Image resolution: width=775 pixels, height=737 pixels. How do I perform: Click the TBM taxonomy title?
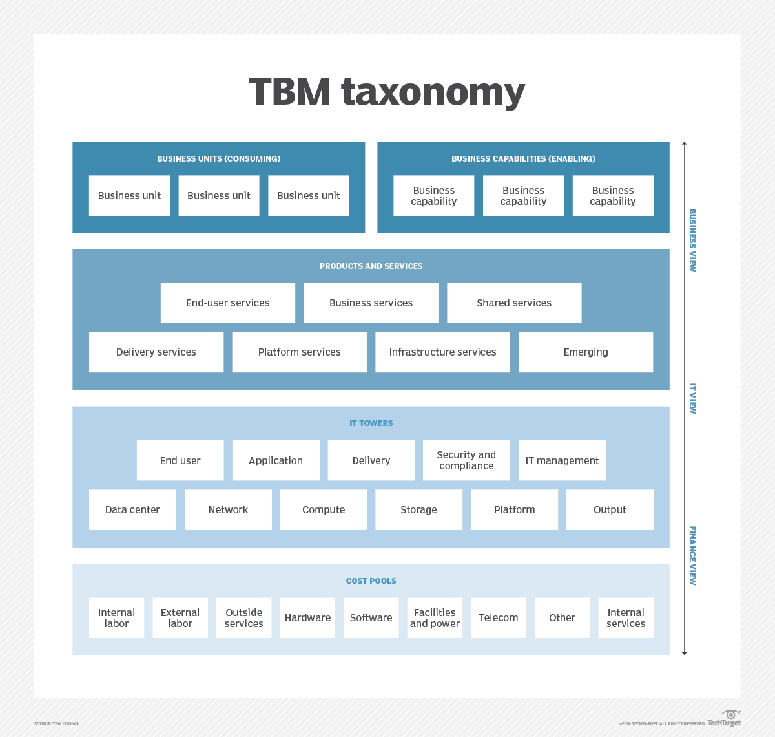387,91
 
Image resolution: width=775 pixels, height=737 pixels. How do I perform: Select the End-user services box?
228,303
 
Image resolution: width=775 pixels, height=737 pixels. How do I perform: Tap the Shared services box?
514,303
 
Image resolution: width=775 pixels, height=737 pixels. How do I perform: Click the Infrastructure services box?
442,352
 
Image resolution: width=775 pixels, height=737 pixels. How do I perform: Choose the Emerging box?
586,352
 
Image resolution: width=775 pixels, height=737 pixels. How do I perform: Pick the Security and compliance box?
466,460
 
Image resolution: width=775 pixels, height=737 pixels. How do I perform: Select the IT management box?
562,460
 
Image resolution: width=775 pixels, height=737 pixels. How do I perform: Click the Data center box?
132,509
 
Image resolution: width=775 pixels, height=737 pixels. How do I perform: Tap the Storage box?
418,509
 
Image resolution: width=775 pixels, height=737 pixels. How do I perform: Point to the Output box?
610,509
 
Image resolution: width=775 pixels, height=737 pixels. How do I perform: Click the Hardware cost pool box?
307,617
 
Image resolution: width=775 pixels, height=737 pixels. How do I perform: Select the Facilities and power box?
435,617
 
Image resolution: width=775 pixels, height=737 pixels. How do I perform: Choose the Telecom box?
499,617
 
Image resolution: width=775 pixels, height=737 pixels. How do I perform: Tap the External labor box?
180,617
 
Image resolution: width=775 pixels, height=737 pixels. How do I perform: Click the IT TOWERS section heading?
371,423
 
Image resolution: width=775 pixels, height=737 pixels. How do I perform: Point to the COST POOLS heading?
371,581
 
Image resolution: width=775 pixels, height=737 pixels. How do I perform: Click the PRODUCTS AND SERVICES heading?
371,266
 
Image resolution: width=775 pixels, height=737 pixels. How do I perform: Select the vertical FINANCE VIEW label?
692,555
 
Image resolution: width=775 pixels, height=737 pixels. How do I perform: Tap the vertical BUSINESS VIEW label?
692,240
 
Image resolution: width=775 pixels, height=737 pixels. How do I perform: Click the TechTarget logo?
725,719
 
